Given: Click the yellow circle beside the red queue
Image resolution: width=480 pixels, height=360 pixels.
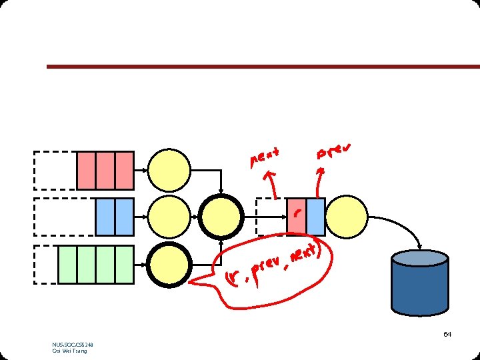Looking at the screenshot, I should pyautogui.click(x=169, y=171).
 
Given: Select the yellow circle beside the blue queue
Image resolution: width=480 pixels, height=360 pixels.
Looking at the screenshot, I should pyautogui.click(x=169, y=217).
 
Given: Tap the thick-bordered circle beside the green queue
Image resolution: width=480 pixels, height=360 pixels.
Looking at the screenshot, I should pyautogui.click(x=169, y=265).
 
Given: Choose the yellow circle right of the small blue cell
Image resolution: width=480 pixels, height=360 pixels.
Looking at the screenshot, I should pyautogui.click(x=347, y=217).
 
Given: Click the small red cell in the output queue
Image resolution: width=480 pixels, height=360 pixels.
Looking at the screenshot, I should pyautogui.click(x=297, y=216).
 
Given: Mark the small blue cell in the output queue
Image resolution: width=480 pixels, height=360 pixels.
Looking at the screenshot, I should pyautogui.click(x=316, y=216).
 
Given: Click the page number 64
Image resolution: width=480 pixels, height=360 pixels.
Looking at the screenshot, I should pyautogui.click(x=447, y=334).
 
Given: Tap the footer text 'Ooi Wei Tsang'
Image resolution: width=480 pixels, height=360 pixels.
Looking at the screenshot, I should pyautogui.click(x=69, y=351).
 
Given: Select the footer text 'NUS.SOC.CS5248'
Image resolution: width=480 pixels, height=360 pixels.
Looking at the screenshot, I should pyautogui.click(x=73, y=345).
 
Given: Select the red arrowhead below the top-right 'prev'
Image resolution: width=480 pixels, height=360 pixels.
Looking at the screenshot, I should pyautogui.click(x=322, y=171).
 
